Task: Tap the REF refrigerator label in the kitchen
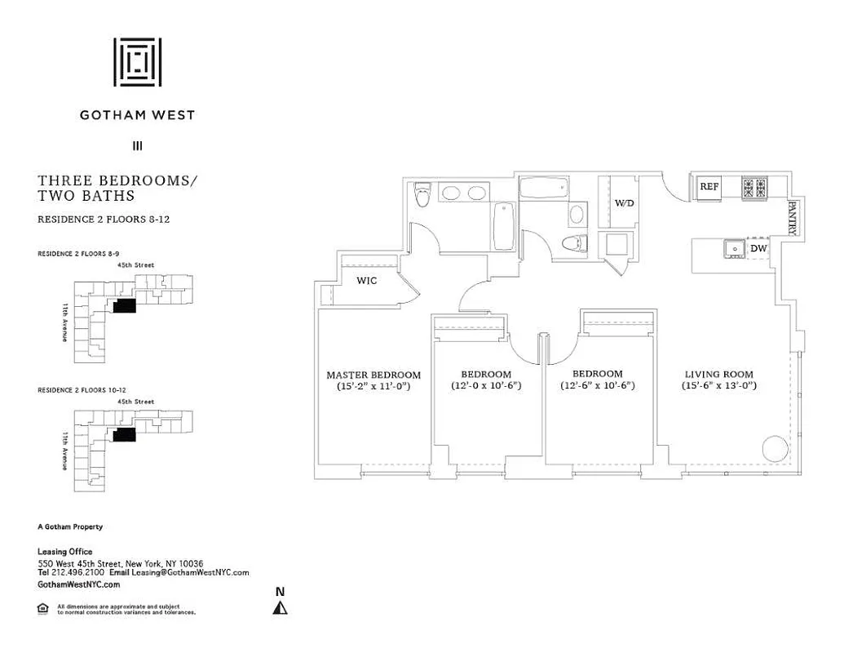(x=709, y=187)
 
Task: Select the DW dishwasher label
(x=758, y=248)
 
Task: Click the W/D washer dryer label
(x=624, y=202)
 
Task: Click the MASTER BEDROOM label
(x=373, y=375)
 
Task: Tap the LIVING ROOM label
(x=718, y=375)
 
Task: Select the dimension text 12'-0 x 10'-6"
(x=486, y=385)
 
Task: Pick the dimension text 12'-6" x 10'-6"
(x=597, y=385)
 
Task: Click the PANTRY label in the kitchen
(x=792, y=219)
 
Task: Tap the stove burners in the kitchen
(x=755, y=188)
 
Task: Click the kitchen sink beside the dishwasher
(x=731, y=247)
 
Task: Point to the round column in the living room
(x=775, y=449)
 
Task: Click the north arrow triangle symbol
(x=281, y=607)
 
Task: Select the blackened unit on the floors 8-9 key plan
(x=124, y=305)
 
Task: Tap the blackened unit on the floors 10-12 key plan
(x=124, y=434)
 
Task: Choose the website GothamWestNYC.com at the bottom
(x=79, y=584)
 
